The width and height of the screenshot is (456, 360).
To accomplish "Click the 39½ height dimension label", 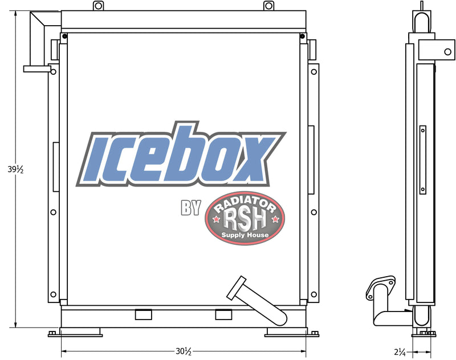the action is [15, 169].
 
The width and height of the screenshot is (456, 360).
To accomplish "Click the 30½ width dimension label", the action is [184, 351].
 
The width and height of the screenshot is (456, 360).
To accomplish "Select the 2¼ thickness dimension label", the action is [400, 352].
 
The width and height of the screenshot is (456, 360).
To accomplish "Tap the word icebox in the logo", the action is [181, 155].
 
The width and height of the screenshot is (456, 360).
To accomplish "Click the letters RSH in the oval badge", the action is [245, 220].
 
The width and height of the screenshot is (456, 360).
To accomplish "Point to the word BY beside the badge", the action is [191, 208].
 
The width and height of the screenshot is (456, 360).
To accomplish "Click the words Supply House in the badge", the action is [245, 235].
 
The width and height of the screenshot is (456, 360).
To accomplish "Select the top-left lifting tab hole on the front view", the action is [98, 6].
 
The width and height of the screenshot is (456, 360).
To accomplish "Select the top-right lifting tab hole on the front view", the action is [268, 6].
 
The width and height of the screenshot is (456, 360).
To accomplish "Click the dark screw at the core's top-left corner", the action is [64, 37].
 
